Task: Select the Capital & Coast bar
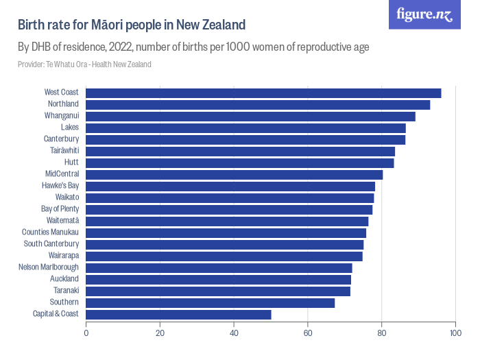point(178,314)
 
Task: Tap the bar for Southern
point(210,302)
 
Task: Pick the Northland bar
point(258,104)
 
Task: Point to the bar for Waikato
point(230,197)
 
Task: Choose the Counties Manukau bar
point(226,232)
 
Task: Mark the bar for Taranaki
point(218,291)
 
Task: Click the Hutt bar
point(240,163)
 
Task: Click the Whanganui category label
point(62,115)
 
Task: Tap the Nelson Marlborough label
point(49,267)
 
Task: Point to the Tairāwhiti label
point(64,150)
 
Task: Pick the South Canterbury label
point(51,243)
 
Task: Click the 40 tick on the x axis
point(234,333)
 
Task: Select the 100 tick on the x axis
point(455,333)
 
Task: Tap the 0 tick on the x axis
point(86,333)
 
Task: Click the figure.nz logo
point(424,15)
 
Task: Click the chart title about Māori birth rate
point(132,25)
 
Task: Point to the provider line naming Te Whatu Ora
point(84,64)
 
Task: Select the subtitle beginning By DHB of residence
point(193,47)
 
